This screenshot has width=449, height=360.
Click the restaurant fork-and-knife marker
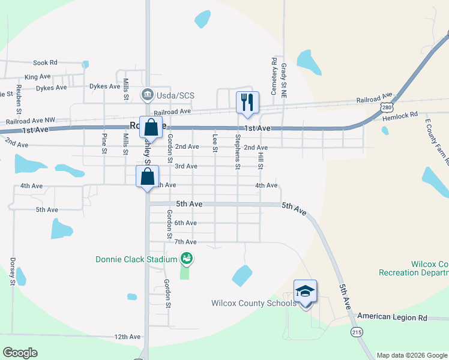pos(246,103)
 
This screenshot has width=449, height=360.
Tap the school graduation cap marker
pos(305,292)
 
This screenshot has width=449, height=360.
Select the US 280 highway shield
pos(387,106)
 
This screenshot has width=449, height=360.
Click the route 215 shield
pos(357,331)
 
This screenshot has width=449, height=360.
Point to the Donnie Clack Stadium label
pos(136,259)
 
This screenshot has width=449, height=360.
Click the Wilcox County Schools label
pos(253,303)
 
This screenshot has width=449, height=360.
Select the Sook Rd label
pos(45,62)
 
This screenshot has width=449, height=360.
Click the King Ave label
pos(37,77)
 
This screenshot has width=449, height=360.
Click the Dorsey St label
pos(12,270)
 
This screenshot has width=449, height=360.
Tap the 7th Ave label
pos(185,242)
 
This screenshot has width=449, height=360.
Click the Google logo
pos(20,353)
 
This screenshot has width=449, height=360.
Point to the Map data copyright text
pos(412,355)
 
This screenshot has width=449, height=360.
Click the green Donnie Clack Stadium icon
pos(187,259)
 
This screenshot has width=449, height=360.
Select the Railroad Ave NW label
pos(29,121)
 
